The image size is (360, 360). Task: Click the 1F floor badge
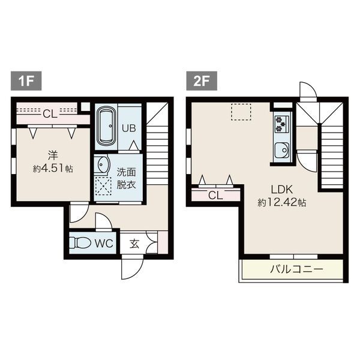pyautogui.click(x=26, y=81)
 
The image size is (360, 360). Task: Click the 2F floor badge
pyautogui.click(x=202, y=81)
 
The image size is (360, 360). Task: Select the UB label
pyautogui.click(x=129, y=128)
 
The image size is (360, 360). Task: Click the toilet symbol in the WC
pyautogui.click(x=80, y=242)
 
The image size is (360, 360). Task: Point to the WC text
pyautogui.click(x=104, y=244)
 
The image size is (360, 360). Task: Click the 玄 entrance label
pyautogui.click(x=134, y=244)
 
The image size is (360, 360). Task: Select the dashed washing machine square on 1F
pyautogui.click(x=103, y=186)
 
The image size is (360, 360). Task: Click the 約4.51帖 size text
pyautogui.click(x=53, y=169)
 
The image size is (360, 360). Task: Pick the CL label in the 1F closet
pyautogui.click(x=50, y=113)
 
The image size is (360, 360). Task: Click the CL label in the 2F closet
pyautogui.click(x=215, y=196)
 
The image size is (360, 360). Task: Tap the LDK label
pyautogui.click(x=282, y=190)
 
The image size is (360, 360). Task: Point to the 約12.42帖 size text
pyautogui.click(x=282, y=203)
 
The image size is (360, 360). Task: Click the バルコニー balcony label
pyautogui.click(x=296, y=269)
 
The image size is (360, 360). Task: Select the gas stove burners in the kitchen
pyautogui.click(x=281, y=124)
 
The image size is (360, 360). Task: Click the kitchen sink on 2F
pyautogui.click(x=282, y=151)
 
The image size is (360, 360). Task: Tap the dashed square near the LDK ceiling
pyautogui.click(x=241, y=112)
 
